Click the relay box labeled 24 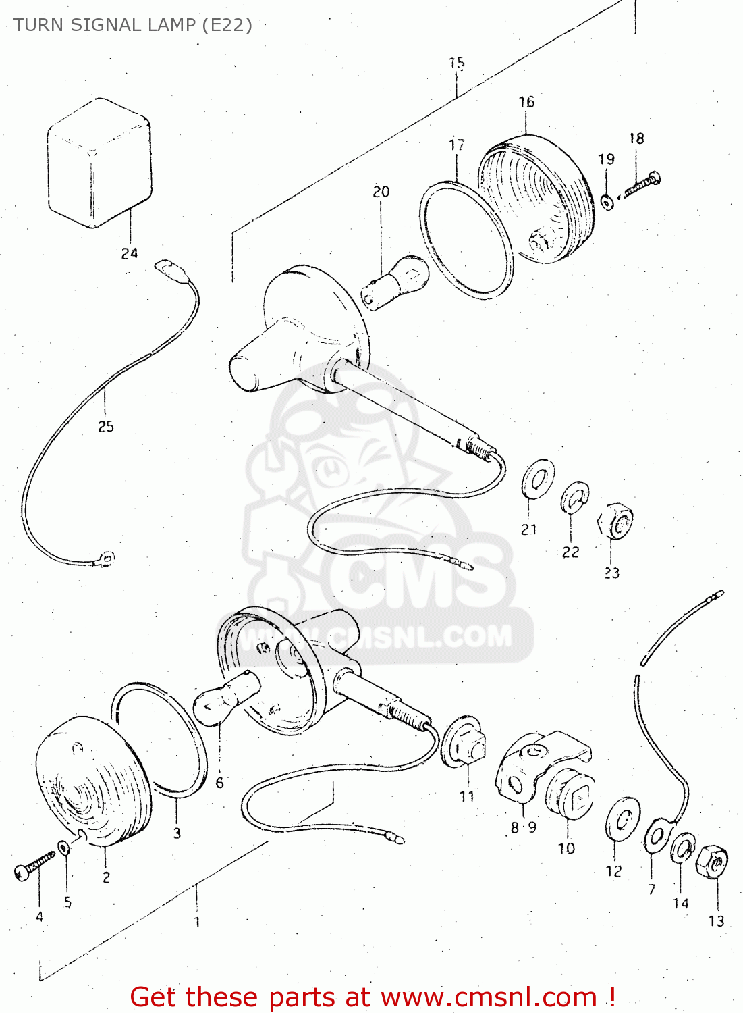[99, 163]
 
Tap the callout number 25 [106, 427]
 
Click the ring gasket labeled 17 [466, 239]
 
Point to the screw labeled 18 [642, 185]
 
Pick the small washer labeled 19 [607, 201]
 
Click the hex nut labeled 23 [617, 521]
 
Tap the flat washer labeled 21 [539, 479]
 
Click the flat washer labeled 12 [622, 820]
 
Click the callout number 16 [526, 102]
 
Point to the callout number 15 [457, 63]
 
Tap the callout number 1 [196, 921]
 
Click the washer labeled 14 [682, 848]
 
